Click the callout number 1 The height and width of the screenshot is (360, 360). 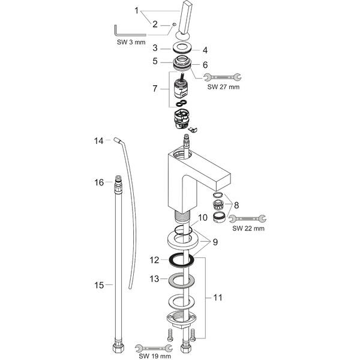click(137, 10)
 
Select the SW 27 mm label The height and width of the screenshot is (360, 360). click(223, 87)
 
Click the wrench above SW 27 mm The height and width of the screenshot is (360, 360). click(223, 77)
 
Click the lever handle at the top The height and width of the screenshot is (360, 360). click(186, 18)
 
